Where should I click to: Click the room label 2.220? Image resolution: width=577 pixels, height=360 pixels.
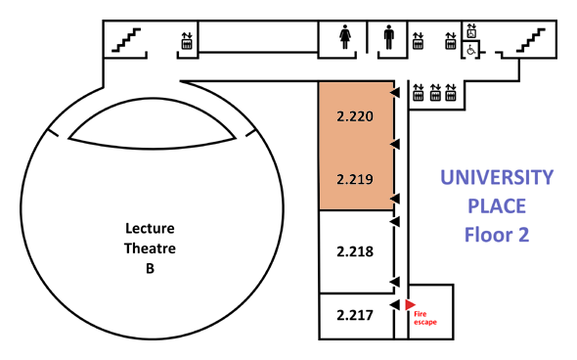click(355, 116)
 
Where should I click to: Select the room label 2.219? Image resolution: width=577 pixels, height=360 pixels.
click(355, 179)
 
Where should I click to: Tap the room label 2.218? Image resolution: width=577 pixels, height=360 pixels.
click(355, 251)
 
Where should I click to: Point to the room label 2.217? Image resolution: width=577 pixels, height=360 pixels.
click(355, 315)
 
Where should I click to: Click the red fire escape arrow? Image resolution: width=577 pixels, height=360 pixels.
click(410, 305)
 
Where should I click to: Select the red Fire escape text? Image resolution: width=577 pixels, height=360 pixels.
click(425, 318)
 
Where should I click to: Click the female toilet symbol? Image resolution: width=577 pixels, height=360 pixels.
click(345, 37)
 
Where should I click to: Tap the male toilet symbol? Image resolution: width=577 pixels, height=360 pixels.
click(388, 37)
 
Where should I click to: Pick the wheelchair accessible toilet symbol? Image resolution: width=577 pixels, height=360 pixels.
click(471, 50)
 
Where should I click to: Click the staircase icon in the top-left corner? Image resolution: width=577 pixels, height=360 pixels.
click(126, 40)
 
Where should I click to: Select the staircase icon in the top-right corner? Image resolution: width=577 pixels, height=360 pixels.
click(531, 40)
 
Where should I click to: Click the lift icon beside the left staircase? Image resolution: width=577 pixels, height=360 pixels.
click(187, 41)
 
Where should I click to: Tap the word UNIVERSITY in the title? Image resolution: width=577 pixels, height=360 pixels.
click(497, 177)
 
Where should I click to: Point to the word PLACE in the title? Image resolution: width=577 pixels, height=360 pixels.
click(497, 206)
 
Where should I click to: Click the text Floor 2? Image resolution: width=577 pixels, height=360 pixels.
click(497, 235)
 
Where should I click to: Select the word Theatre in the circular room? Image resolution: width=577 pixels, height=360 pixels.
click(150, 248)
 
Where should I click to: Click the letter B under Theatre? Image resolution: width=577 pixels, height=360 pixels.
click(150, 269)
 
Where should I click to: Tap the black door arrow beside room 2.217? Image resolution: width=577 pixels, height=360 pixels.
click(394, 305)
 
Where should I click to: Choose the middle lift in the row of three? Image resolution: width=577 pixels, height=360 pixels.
click(435, 92)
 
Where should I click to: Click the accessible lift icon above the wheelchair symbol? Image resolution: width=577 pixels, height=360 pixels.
click(471, 31)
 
